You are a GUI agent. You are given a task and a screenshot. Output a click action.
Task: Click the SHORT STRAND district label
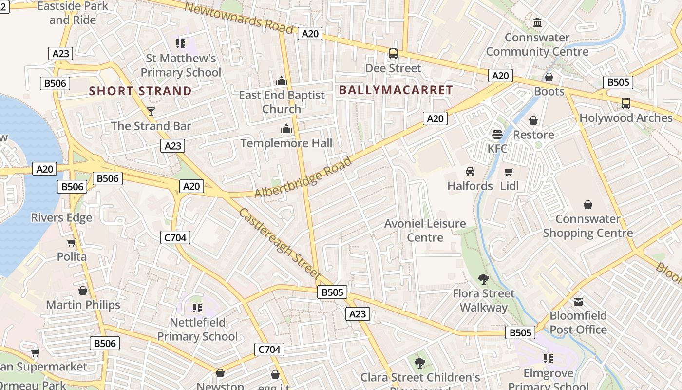140,91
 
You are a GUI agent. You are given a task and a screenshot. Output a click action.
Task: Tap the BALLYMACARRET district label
396,90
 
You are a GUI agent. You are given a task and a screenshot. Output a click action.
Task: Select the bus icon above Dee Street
393,54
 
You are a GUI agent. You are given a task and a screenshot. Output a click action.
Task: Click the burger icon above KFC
497,134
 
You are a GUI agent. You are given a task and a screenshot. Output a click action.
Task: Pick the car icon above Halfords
470,172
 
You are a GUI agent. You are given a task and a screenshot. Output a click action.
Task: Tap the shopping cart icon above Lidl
509,172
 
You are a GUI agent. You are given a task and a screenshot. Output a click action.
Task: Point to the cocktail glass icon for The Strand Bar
151,112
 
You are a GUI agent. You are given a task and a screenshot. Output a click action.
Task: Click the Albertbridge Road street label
303,177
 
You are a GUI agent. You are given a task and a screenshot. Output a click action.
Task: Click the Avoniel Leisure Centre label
425,231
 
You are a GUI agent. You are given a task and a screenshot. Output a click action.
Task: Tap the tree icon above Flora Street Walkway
483,279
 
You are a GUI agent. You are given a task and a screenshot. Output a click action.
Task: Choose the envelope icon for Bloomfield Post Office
578,302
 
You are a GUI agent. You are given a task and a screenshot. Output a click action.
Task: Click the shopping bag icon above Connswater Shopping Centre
588,205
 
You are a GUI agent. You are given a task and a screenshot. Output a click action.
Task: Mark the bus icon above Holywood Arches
626,103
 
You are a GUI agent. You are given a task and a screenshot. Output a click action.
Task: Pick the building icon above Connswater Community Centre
537,23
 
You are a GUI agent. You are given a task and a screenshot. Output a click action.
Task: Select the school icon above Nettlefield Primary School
197,308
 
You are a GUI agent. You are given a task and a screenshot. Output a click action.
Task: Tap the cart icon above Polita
72,243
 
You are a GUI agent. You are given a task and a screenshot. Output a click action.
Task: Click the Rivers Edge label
61,217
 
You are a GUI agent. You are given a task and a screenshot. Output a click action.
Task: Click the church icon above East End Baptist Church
282,80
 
